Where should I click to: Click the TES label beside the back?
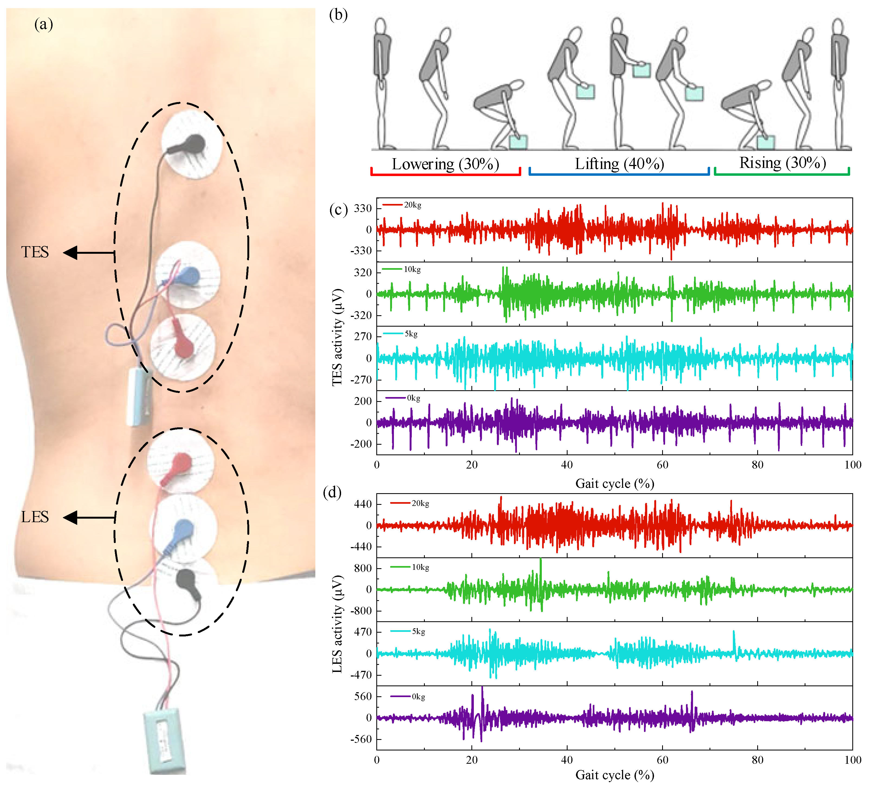pos(35,252)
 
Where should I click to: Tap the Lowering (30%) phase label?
pos(445,164)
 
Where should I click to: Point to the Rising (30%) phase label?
pos(782,163)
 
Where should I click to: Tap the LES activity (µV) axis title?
pos(337,624)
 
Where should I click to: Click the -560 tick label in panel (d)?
pos(361,739)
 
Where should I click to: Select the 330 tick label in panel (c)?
pos(363,209)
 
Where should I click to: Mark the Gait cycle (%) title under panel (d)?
pos(614,775)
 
